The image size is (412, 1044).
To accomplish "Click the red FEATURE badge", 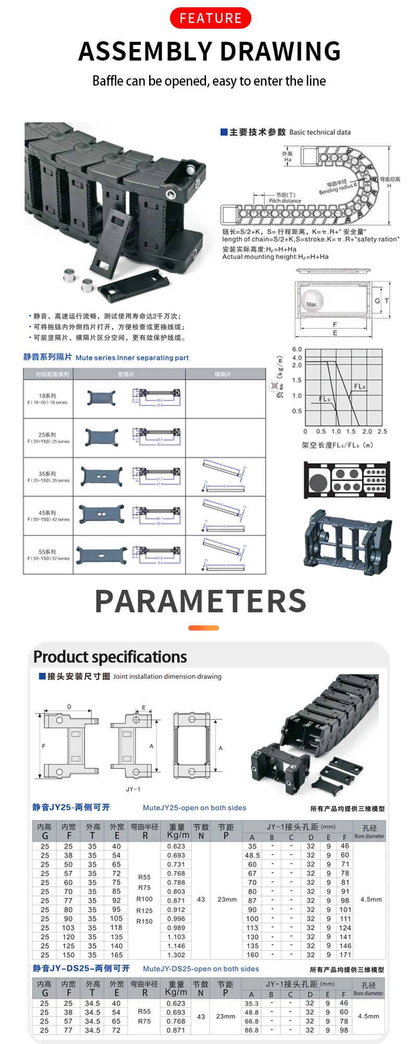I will pos(210,18).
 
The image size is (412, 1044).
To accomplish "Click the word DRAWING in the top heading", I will pos(280,51).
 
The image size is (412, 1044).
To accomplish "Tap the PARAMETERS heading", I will pos(201,601).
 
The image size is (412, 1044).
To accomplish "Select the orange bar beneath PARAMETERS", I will pos(203,628).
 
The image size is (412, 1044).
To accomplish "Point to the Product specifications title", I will pos(110,657).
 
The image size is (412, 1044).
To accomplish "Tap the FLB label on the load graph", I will pos(360,386).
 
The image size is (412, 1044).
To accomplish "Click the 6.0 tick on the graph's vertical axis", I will pos(297,349).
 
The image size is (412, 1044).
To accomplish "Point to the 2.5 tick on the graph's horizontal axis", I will pos(382,432).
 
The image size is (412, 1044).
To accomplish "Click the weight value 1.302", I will pos(176,955).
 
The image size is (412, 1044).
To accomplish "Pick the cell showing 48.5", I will pos(252,855).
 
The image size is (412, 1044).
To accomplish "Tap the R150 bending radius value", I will pos(144,921).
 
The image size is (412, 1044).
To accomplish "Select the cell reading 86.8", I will pos(251,1030).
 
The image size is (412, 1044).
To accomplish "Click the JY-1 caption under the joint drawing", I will pos(133,789).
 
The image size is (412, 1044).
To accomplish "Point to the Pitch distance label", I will pos(285,200).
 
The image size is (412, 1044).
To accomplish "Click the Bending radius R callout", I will pos(338,187).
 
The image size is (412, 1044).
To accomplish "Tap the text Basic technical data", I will pos(320,133).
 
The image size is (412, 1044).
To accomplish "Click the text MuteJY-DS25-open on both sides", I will pos(201,969).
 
